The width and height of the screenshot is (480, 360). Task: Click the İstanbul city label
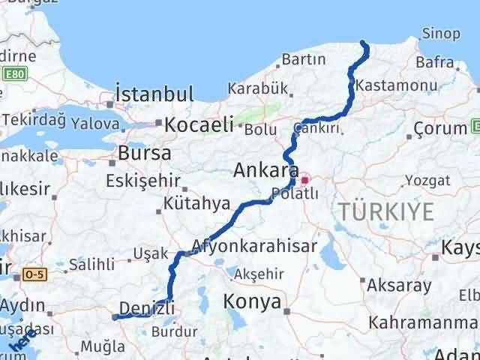tap(154, 95)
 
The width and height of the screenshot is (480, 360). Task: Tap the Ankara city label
tap(266, 170)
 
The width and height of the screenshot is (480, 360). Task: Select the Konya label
tap(253, 302)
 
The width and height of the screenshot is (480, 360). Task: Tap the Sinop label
tap(437, 33)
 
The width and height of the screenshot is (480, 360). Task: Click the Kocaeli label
tap(199, 124)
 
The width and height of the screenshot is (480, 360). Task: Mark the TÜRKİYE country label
tap(386, 211)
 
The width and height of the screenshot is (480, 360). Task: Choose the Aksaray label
tap(399, 285)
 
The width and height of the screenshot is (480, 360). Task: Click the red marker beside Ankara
tap(306, 180)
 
